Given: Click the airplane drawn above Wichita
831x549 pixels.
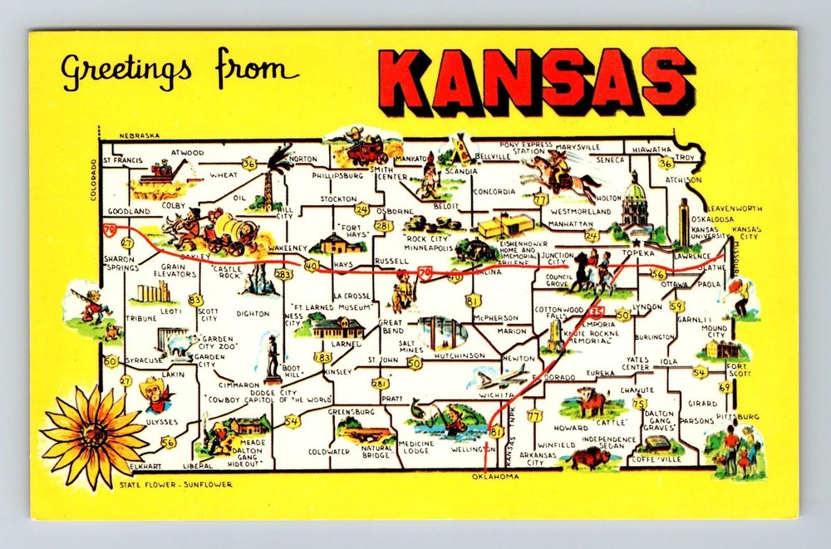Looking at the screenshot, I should (503, 376).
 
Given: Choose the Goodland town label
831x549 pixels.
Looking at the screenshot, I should (128, 212).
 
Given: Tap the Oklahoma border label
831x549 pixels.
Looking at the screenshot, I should (495, 477).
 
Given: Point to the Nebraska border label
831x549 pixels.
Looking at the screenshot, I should (139, 135).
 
